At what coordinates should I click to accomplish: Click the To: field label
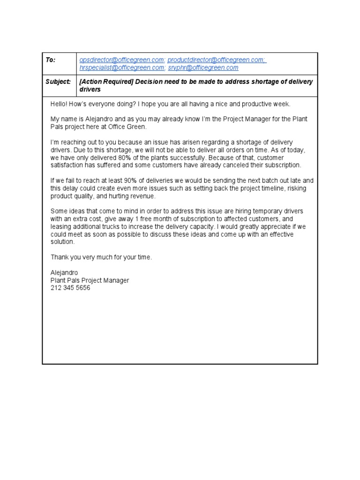click(x=51, y=60)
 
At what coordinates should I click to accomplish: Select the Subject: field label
click(x=58, y=82)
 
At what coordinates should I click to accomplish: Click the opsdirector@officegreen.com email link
click(x=122, y=60)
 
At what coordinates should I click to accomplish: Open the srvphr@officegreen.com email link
click(x=203, y=67)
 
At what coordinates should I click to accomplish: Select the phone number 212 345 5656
click(x=70, y=288)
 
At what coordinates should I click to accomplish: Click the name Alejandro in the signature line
click(x=64, y=273)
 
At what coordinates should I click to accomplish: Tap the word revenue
click(x=136, y=196)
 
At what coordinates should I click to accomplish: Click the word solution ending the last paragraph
click(x=62, y=242)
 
